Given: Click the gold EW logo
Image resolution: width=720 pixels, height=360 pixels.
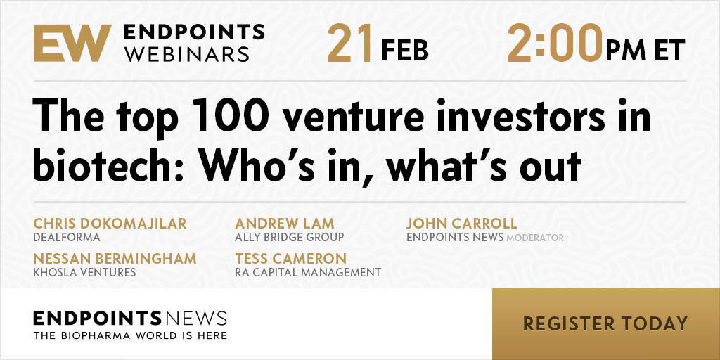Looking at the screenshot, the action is tap(72, 43).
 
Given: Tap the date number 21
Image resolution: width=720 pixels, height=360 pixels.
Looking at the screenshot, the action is tap(349, 43).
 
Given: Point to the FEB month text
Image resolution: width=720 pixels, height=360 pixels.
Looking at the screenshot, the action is tap(404, 50).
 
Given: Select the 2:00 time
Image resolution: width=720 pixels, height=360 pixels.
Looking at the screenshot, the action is tap(554, 43).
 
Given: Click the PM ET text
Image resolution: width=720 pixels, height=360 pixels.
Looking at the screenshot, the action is tap(645, 50).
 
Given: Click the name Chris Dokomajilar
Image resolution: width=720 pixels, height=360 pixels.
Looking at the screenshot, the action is tap(110, 224).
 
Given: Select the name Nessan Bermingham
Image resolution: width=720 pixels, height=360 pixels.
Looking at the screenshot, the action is tap(115, 258).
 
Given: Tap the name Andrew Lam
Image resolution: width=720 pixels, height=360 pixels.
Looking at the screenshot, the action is tap(284, 224).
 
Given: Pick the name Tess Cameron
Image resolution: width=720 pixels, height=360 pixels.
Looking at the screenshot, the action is tap(290, 258).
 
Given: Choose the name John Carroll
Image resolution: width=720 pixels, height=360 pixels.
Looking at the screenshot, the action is tap(462, 224).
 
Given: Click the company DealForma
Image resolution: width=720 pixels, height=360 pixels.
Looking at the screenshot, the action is tap(67, 238).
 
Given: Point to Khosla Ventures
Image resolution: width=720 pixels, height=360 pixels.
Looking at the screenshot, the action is tap(84, 272).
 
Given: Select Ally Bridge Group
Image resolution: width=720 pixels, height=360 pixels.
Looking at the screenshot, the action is tap(289, 238).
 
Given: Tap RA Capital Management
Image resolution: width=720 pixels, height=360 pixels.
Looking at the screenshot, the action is tap(308, 272).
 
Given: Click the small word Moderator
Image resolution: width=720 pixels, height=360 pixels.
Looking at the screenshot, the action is tap(535, 238).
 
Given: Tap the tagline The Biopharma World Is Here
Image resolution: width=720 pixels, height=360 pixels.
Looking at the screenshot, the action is tap(130, 335).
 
